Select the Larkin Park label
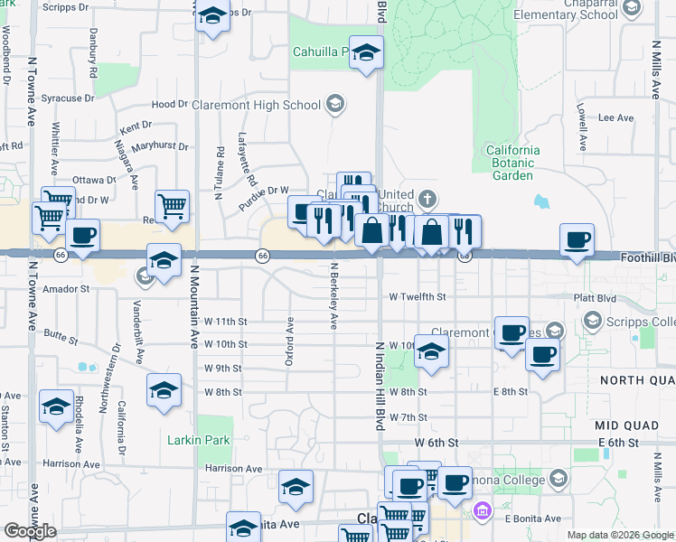click(x=199, y=440)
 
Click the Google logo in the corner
click(x=30, y=531)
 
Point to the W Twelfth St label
click(x=418, y=296)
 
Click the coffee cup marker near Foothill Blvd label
click(x=577, y=241)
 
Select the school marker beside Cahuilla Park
click(x=366, y=53)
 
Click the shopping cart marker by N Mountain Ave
click(x=172, y=207)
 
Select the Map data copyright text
click(x=620, y=535)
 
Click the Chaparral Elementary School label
click(x=566, y=9)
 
